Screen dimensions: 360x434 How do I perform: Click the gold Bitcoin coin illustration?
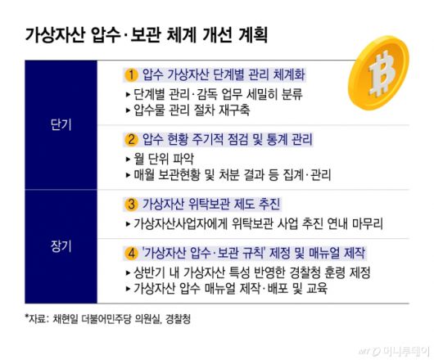(384, 74)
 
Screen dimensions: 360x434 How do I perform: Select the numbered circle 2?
(129, 138)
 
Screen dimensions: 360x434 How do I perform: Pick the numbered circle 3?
(129, 204)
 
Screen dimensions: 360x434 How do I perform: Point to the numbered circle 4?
(129, 250)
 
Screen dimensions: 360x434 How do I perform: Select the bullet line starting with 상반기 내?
(251, 272)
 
